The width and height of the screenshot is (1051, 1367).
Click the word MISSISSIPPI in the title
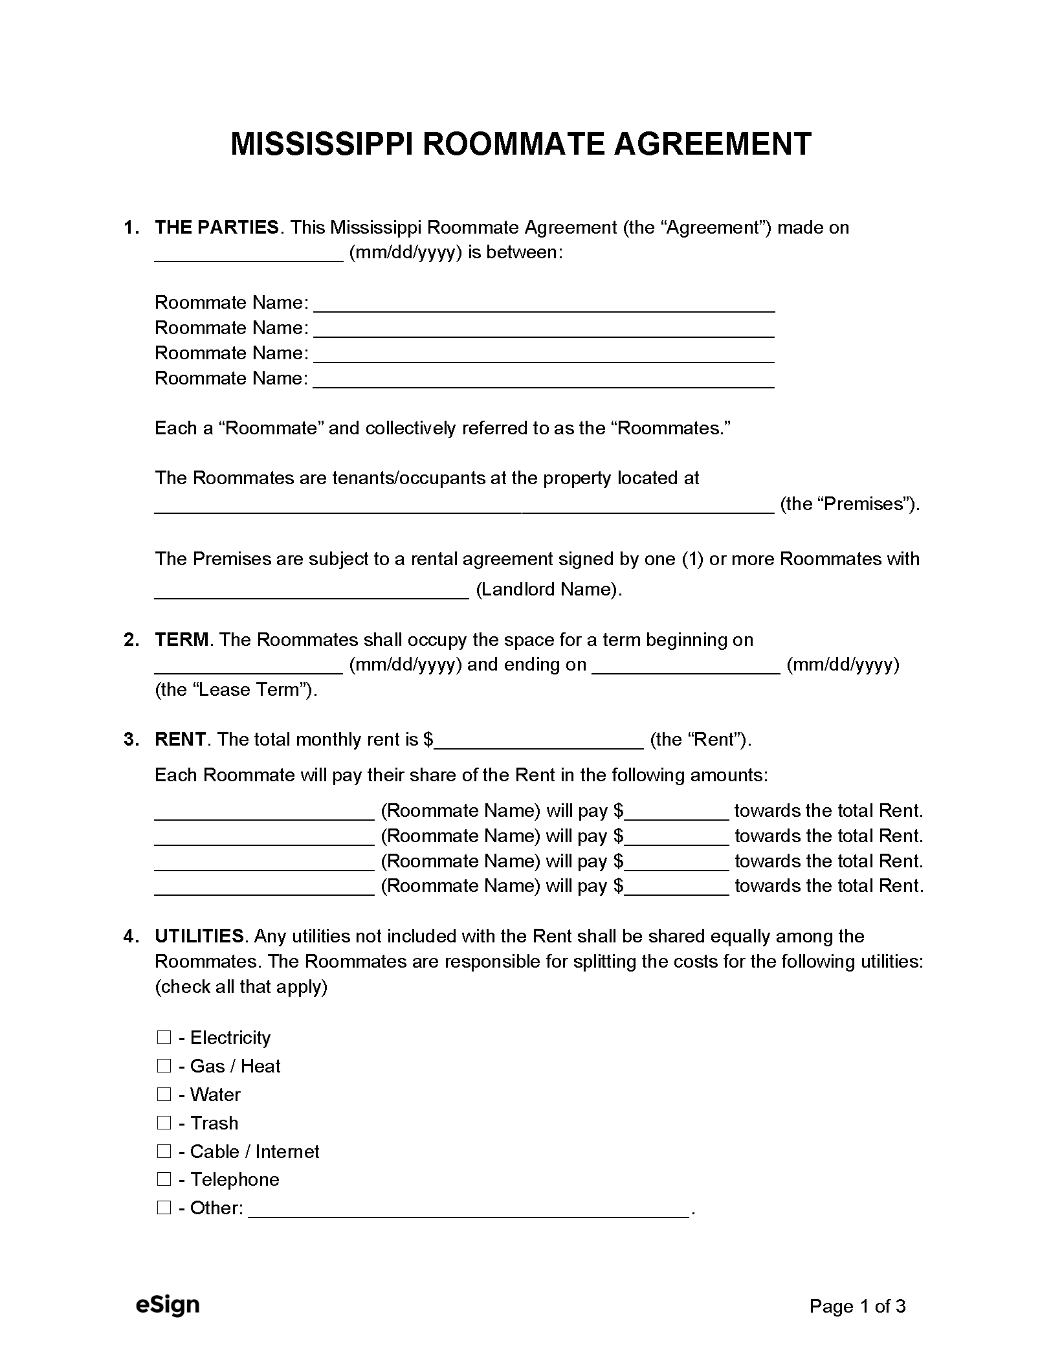click(x=323, y=144)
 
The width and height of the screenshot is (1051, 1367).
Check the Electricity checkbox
click(x=164, y=1038)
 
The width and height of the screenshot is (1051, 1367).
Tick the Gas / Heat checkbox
click(x=164, y=1067)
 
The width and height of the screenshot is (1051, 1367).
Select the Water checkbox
click(x=164, y=1095)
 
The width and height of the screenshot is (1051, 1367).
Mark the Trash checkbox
click(x=164, y=1124)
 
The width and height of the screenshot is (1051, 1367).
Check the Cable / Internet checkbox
click(x=164, y=1152)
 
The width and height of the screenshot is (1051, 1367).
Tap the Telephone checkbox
click(x=164, y=1180)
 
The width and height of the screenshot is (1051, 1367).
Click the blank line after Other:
click(x=469, y=1209)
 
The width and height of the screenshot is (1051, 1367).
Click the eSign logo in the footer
click(x=168, y=1306)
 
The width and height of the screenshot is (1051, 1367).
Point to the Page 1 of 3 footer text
click(x=857, y=1307)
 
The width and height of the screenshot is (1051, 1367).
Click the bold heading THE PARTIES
click(x=217, y=228)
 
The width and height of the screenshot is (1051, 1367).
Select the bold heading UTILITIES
click(x=199, y=937)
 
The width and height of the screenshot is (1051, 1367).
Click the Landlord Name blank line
click(x=311, y=590)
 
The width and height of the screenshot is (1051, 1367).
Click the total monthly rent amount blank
click(x=538, y=740)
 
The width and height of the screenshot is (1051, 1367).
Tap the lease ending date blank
click(x=686, y=665)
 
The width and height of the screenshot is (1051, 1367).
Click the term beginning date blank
click(x=249, y=665)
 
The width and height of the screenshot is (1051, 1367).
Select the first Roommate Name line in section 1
click(x=544, y=304)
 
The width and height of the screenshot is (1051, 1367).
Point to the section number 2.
click(x=131, y=640)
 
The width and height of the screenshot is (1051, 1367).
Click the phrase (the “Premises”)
click(x=850, y=504)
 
